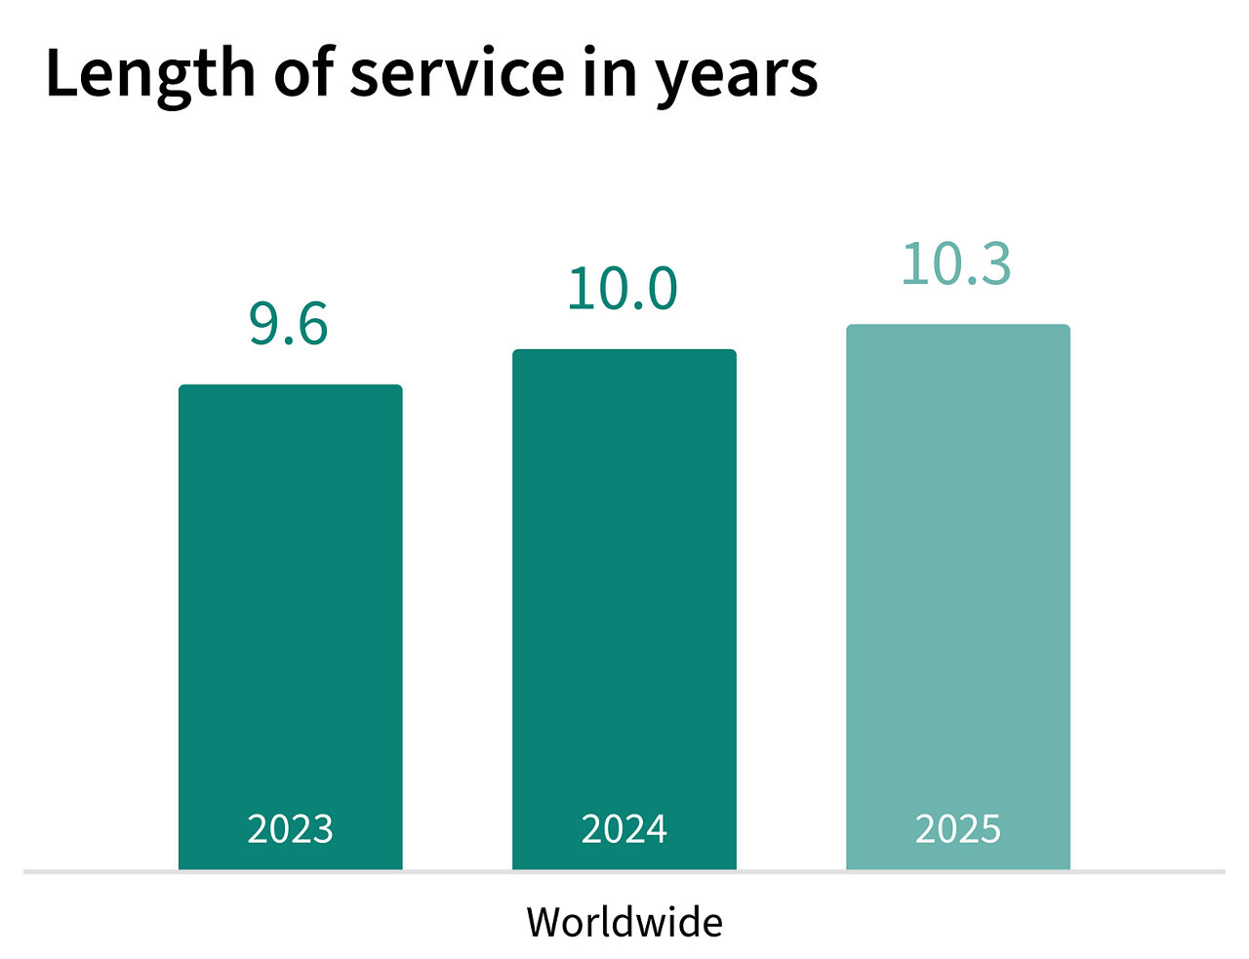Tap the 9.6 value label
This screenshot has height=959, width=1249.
pyautogui.click(x=289, y=324)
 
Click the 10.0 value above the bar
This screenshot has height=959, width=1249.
pyautogui.click(x=623, y=289)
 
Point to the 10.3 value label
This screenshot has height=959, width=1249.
pyautogui.click(x=956, y=263)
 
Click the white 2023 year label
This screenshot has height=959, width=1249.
pyautogui.click(x=290, y=829)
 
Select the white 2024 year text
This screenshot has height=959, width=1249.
pyautogui.click(x=624, y=829)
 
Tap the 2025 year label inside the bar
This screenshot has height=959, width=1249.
pyautogui.click(x=957, y=829)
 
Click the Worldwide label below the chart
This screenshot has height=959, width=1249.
pyautogui.click(x=624, y=922)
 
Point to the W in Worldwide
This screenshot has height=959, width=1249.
pyautogui.click(x=544, y=922)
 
